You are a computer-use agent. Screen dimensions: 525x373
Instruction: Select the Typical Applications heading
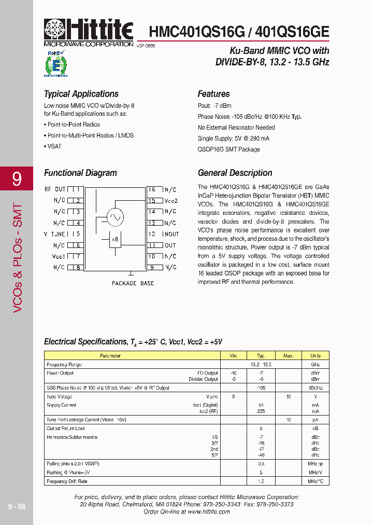(x=81, y=94)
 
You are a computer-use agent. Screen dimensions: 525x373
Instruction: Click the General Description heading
(x=235, y=173)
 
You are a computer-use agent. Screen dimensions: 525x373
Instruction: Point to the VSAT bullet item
(x=53, y=146)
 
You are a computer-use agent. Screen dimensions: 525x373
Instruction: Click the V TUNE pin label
(x=54, y=234)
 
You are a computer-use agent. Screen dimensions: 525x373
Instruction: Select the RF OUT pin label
(x=55, y=189)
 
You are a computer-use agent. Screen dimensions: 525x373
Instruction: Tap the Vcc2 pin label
(x=171, y=201)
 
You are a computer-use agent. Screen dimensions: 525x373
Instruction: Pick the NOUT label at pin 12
(x=171, y=234)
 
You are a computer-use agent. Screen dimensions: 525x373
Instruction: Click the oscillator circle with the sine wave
(x=115, y=217)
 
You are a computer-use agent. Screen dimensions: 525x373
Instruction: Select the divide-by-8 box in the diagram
(x=115, y=240)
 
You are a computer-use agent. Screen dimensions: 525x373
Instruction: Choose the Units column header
(x=315, y=356)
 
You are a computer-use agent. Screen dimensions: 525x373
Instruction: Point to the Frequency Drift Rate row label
(x=66, y=481)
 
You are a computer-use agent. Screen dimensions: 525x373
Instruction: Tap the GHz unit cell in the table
(x=315, y=365)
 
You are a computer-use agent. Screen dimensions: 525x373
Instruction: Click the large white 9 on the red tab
(x=17, y=179)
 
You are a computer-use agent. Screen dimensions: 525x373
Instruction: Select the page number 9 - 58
(x=16, y=506)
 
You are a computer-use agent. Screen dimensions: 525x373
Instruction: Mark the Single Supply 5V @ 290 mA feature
(x=233, y=139)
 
